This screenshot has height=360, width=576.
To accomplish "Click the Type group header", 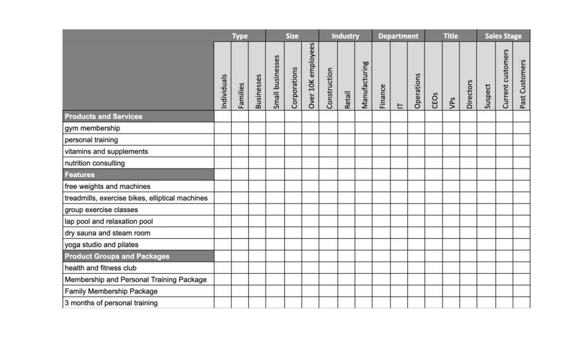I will click(240, 36).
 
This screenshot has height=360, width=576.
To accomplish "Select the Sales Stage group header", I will click(503, 36).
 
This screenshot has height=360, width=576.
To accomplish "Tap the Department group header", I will click(398, 36).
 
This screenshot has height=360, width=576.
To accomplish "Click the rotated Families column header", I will click(241, 96).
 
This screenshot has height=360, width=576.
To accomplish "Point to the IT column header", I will click(399, 106).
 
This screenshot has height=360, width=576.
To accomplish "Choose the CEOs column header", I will click(435, 100).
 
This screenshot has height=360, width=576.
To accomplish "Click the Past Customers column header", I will click(522, 84).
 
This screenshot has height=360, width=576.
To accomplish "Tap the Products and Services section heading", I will click(103, 116).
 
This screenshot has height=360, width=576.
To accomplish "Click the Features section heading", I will click(80, 175).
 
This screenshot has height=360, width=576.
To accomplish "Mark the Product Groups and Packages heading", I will click(117, 256).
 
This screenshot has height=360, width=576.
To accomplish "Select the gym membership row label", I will click(92, 128).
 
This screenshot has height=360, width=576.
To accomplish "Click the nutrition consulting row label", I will click(94, 163).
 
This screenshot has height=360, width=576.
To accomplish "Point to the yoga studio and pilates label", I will click(101, 245).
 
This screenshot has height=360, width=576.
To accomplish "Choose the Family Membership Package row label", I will click(111, 291).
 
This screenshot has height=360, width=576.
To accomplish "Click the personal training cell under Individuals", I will click(222, 140).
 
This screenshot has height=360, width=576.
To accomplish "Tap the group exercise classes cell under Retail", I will click(346, 210).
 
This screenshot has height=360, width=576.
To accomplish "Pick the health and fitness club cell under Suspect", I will click(486, 268).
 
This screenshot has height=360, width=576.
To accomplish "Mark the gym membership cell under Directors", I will click(468, 128).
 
